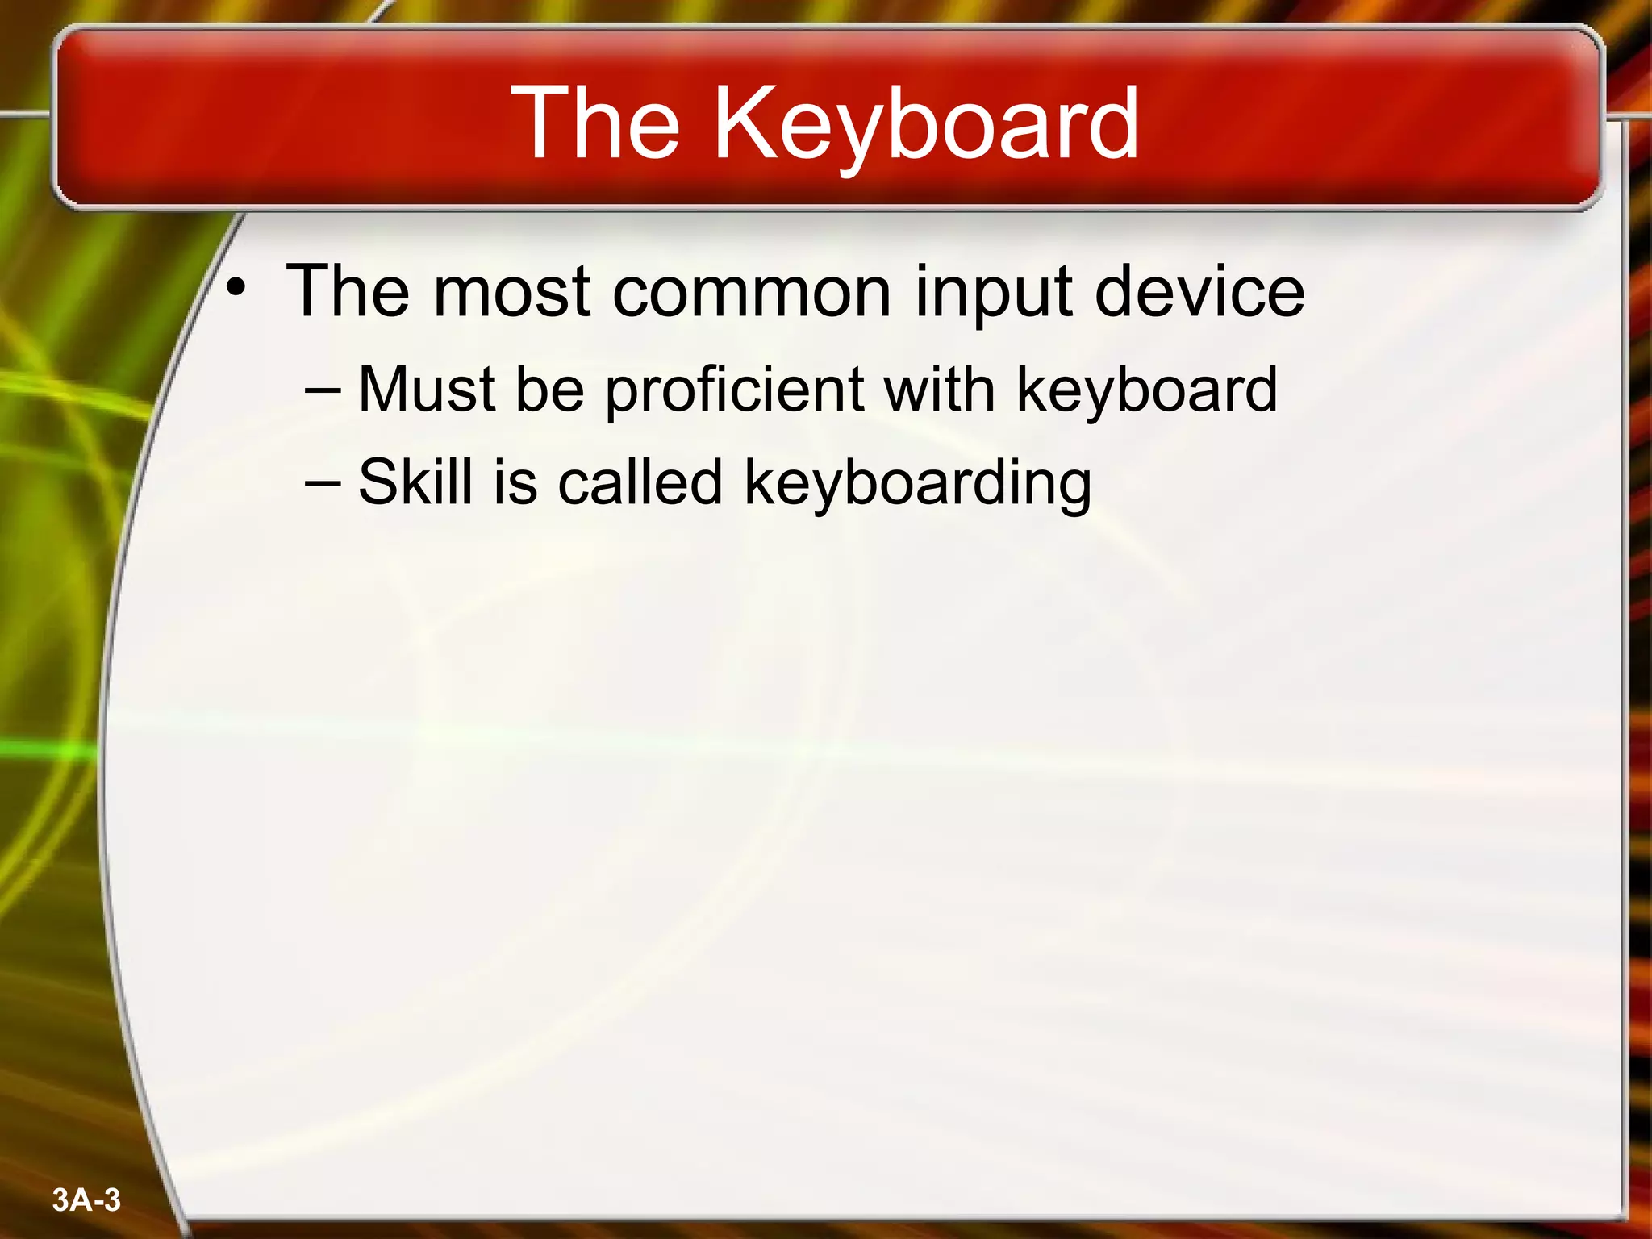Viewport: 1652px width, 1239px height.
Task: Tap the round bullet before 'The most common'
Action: (x=235, y=286)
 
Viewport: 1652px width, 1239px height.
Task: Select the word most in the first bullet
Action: (x=513, y=291)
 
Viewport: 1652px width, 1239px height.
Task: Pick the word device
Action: (x=1199, y=291)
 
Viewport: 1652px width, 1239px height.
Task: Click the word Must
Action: (x=427, y=389)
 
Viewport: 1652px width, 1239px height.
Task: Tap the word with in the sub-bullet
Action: (x=939, y=389)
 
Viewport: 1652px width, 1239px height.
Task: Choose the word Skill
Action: (x=415, y=482)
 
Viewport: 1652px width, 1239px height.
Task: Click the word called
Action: (x=640, y=482)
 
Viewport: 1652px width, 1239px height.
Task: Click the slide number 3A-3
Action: (x=86, y=1200)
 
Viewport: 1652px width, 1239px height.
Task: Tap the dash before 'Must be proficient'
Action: (x=323, y=390)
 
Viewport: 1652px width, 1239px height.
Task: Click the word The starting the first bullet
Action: (x=348, y=291)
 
